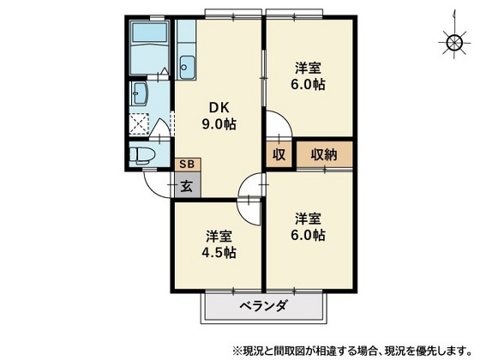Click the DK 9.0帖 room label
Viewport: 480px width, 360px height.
(219, 116)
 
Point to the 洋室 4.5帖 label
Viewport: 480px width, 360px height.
(219, 244)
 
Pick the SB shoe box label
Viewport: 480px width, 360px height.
(186, 164)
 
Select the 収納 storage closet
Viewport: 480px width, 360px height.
(324, 154)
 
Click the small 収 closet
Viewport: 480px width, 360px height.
(279, 154)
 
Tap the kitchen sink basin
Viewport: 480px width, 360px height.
(187, 63)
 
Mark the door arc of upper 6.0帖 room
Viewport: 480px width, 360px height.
(276, 124)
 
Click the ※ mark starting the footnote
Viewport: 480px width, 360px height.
(237, 350)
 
